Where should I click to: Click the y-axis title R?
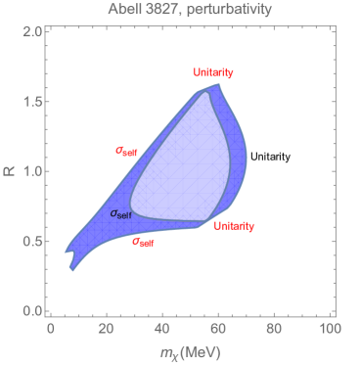pos(11,171)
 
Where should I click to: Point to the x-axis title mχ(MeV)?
pos(191,350)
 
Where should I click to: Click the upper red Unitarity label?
pos(214,73)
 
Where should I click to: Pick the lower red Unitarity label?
pos(234,226)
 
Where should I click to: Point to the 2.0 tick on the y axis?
pos(30,32)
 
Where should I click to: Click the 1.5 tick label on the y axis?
pos(30,102)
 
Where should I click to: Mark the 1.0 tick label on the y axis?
pos(30,172)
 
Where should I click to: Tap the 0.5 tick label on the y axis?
pos(30,242)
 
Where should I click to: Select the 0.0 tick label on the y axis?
pos(30,311)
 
